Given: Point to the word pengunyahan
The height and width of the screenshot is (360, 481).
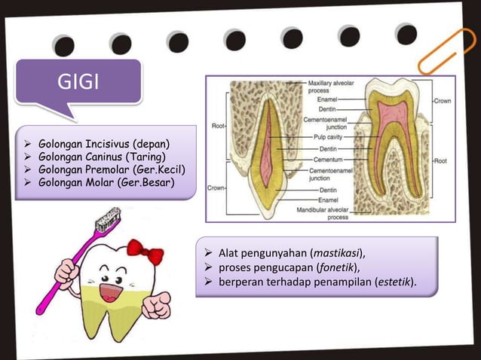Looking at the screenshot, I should click(274, 252).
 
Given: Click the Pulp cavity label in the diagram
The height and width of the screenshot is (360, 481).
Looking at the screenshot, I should click(330, 139).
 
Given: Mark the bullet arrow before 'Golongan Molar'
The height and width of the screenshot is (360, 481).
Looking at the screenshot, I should click(28, 182).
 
